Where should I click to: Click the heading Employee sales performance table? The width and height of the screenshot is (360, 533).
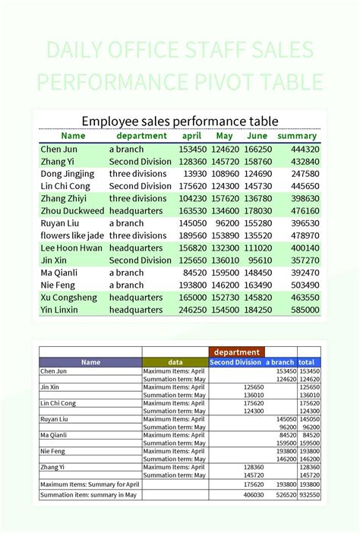click(x=180, y=121)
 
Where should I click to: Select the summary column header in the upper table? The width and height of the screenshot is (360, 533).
click(x=297, y=136)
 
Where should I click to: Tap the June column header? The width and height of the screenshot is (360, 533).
click(x=258, y=136)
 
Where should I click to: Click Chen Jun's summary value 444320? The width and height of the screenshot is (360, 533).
click(x=304, y=150)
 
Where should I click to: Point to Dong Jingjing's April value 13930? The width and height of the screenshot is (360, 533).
click(x=194, y=174)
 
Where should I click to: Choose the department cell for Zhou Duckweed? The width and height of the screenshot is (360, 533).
click(x=136, y=211)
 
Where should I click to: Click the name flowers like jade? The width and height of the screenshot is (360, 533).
click(x=72, y=235)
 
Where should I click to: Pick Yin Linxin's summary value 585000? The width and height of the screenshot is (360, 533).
click(x=304, y=310)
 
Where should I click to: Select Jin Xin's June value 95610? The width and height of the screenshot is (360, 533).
click(x=258, y=260)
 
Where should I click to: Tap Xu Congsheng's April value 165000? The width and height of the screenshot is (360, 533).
click(x=192, y=298)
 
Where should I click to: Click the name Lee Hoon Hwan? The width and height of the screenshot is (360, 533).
click(x=71, y=248)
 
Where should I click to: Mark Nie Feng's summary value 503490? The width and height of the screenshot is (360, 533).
click(x=304, y=285)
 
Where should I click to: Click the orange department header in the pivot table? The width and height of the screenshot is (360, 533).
click(x=236, y=352)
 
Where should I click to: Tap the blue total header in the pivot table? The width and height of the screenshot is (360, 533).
click(x=307, y=363)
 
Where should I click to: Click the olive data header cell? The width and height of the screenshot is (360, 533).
click(x=175, y=363)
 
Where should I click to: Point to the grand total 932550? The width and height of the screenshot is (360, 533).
click(x=308, y=495)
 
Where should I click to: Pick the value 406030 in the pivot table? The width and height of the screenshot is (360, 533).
click(x=253, y=495)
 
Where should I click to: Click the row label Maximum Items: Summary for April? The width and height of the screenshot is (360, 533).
click(x=90, y=484)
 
